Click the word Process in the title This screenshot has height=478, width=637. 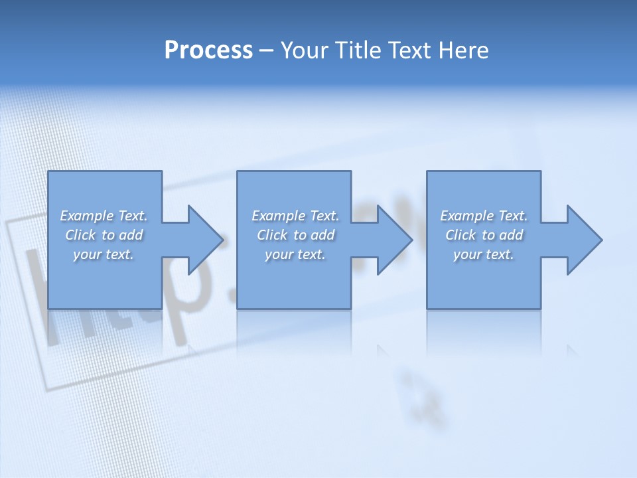pos(208,50)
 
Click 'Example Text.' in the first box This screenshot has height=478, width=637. pos(104,216)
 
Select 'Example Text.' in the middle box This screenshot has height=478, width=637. pos(295,216)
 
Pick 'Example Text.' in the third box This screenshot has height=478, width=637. pos(484,216)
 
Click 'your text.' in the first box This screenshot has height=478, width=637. pos(104,254)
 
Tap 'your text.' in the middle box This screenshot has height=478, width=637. pos(295,254)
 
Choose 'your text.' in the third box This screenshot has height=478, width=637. pos(484,254)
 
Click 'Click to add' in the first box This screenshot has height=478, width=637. pos(104,235)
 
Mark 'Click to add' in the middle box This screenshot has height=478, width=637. pos(296,235)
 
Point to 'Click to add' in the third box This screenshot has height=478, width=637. pos(484,235)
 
